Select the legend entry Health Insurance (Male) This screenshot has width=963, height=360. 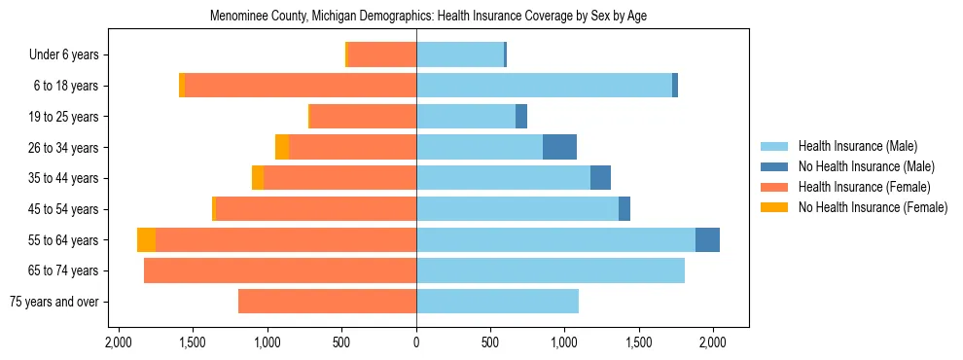coord(857,147)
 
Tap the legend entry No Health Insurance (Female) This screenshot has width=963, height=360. coord(873,207)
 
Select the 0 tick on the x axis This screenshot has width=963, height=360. coord(416,342)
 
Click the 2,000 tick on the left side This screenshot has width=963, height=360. coord(119,342)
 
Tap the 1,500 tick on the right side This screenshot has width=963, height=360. coord(639,342)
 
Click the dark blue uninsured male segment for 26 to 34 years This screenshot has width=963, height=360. coord(559,147)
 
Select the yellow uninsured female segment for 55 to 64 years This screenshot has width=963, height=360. coord(146,239)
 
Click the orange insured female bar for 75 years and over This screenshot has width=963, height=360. coord(327,302)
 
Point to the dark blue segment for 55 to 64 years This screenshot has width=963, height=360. coord(707,239)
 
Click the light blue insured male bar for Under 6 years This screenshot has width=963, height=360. coord(460,55)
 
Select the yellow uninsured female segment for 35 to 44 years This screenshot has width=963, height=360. coord(258,178)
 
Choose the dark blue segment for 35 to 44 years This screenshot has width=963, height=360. coord(600,178)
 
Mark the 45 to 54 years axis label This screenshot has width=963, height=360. coord(63,209)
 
